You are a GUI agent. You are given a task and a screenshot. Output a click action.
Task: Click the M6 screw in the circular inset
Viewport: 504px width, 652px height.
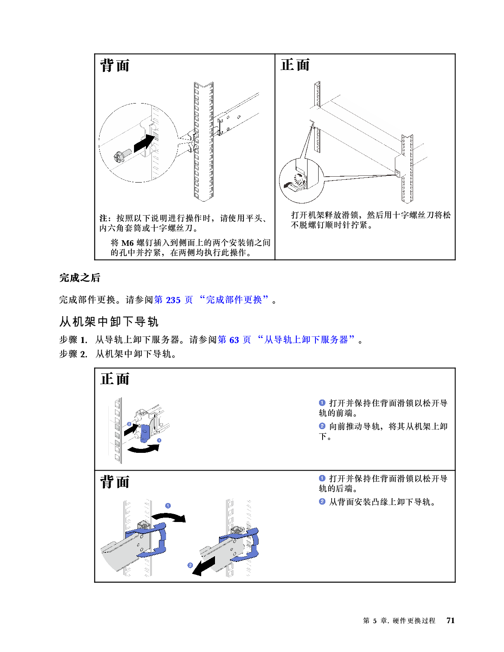(x=123, y=156)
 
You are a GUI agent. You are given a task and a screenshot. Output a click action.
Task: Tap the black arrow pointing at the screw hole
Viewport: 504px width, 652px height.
(x=144, y=143)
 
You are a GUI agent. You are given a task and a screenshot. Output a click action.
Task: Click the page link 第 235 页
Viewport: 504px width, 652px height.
(x=174, y=300)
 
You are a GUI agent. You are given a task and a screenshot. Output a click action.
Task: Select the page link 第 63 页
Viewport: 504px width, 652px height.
(x=234, y=340)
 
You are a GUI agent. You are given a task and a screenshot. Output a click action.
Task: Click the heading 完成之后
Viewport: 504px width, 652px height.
(x=79, y=277)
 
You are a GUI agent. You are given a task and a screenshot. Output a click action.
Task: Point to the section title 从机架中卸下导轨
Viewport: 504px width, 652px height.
(x=109, y=322)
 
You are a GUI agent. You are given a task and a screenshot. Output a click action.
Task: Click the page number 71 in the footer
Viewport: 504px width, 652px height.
(x=450, y=620)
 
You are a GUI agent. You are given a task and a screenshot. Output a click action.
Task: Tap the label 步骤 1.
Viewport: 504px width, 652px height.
(x=73, y=340)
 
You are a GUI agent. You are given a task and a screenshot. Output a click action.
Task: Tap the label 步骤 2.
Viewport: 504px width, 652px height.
(x=73, y=354)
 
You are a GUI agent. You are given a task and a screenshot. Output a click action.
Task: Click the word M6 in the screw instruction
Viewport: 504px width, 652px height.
(x=127, y=243)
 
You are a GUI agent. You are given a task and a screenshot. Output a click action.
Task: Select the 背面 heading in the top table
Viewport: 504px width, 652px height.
(x=115, y=66)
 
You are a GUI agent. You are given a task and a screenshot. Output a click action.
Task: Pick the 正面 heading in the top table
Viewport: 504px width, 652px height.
(x=295, y=65)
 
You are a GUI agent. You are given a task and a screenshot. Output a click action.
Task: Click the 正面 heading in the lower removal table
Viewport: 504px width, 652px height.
(x=115, y=379)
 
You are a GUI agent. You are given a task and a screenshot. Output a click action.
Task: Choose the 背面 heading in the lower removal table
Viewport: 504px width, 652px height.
(x=115, y=482)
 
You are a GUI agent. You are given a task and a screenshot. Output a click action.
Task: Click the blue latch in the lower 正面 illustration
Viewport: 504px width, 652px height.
(x=145, y=433)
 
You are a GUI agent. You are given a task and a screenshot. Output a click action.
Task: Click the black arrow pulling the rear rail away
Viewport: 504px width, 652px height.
(x=204, y=566)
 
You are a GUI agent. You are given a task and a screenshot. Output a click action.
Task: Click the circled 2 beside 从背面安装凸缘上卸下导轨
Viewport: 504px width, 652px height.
(x=322, y=502)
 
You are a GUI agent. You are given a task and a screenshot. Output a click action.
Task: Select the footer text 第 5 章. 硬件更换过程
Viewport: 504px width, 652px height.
(x=399, y=620)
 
